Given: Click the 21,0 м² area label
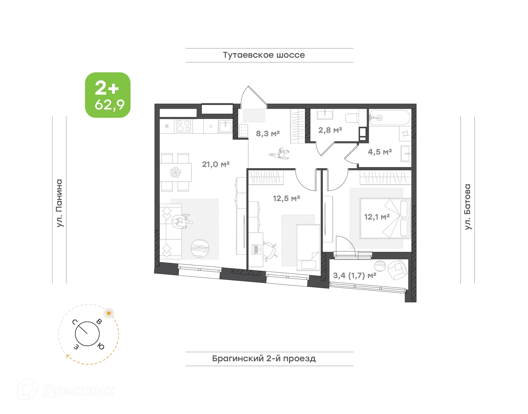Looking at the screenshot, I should [x=216, y=164].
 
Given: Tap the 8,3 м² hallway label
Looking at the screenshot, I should [x=268, y=134].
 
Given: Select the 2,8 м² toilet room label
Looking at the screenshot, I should [x=330, y=130].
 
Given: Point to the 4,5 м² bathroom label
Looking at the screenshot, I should [x=380, y=152].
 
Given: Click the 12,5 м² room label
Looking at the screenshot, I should [x=286, y=198].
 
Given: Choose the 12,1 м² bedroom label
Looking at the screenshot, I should [x=377, y=217].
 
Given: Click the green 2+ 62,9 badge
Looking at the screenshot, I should [x=108, y=95].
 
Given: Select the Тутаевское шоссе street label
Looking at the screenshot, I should [x=264, y=55].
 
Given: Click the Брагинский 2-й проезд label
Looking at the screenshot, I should [x=264, y=359].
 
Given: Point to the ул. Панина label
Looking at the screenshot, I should [x=59, y=203].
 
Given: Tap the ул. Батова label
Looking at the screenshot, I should [x=468, y=207].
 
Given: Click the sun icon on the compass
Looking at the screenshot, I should [x=109, y=313].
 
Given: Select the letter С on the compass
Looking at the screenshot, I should [x=75, y=322].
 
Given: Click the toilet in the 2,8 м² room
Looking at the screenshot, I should [x=352, y=118].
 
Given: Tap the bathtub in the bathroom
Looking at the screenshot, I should [x=389, y=118].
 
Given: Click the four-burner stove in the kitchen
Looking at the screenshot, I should [x=183, y=126].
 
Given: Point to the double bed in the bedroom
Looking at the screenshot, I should [x=385, y=218].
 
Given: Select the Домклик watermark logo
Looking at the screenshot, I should [x=66, y=390].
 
